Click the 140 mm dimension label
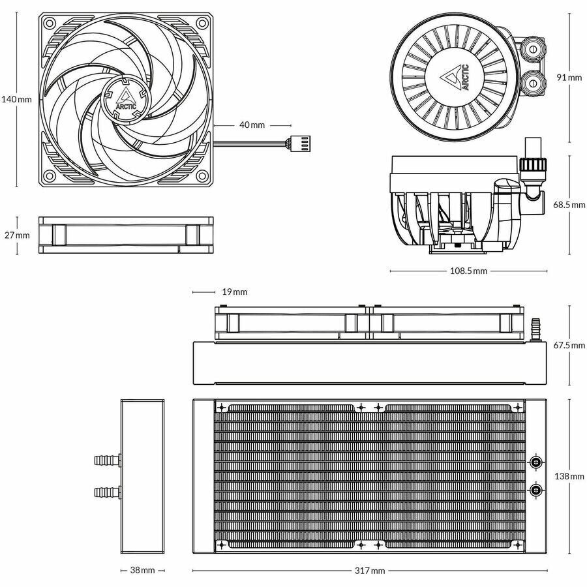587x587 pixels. pyautogui.click(x=16, y=99)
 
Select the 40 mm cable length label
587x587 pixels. pyautogui.click(x=252, y=124)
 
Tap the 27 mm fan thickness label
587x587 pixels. pyautogui.click(x=16, y=235)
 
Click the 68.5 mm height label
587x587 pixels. pyautogui.click(x=569, y=204)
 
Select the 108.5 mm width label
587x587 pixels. pyautogui.click(x=469, y=271)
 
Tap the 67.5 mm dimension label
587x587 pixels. pyautogui.click(x=569, y=344)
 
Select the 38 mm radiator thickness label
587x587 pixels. pyautogui.click(x=142, y=570)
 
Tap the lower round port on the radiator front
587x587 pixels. pyautogui.click(x=535, y=490)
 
